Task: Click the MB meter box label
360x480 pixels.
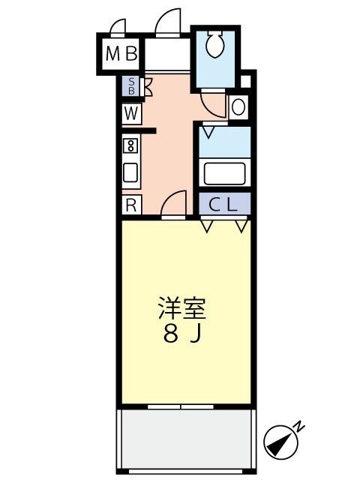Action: tap(121, 53)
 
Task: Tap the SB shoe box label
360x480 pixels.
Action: tap(132, 86)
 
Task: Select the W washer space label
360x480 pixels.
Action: tap(131, 113)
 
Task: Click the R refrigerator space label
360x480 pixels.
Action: tap(130, 204)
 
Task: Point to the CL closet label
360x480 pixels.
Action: tap(224, 204)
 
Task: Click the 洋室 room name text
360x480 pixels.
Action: tap(181, 309)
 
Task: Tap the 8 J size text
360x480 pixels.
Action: tap(181, 334)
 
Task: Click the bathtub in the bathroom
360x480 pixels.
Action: tap(224, 173)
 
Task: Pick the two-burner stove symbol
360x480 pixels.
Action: tap(130, 145)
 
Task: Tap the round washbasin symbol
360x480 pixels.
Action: tap(238, 107)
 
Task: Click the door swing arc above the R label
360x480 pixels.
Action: tap(174, 203)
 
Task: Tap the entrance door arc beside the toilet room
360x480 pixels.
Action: tap(169, 21)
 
